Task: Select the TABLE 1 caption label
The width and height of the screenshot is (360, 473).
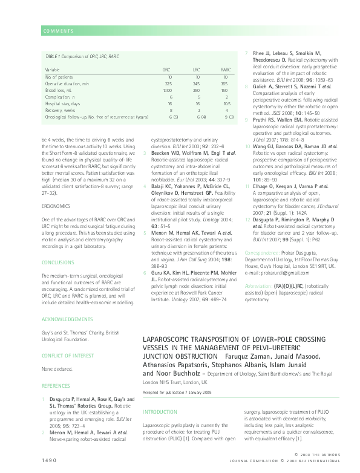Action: coord(54,56)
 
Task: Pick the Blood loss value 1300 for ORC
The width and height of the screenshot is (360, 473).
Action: coord(171,90)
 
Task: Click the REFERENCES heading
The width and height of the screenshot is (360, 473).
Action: coord(56,385)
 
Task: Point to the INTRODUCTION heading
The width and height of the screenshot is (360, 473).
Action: coord(160,412)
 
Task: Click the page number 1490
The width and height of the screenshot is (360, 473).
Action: coord(50,460)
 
